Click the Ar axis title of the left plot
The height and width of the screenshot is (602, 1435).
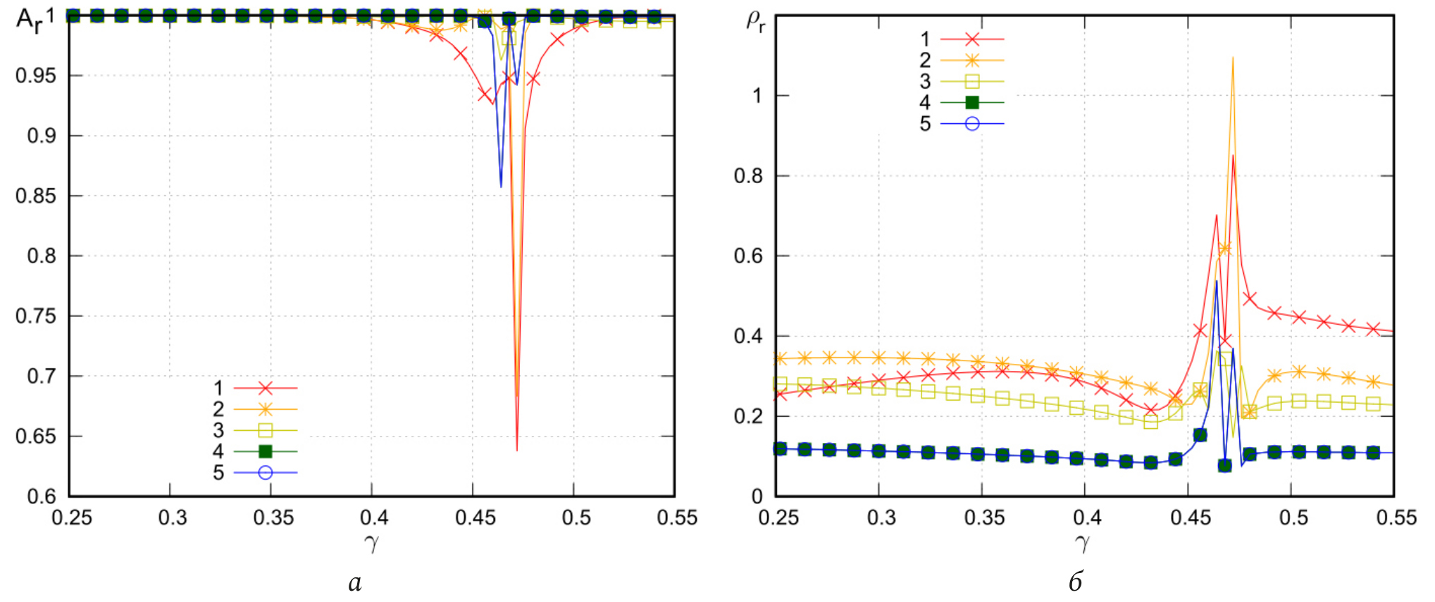pos(30,20)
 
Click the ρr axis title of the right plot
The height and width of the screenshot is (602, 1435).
pos(755,21)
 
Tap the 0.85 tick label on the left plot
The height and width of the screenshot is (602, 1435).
pos(36,196)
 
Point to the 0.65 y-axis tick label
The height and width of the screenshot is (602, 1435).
pos(36,437)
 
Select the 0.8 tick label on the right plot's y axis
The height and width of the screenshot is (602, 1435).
pos(748,176)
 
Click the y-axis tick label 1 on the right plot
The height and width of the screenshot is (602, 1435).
pos(757,96)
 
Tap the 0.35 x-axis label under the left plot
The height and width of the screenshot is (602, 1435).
pos(273,518)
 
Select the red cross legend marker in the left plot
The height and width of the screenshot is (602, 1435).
pos(266,388)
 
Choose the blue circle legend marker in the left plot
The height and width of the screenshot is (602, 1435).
pos(266,472)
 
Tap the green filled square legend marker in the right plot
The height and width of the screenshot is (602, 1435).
pos(972,103)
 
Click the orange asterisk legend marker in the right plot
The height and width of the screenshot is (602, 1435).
pos(972,61)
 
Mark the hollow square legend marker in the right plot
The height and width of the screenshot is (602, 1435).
pos(972,82)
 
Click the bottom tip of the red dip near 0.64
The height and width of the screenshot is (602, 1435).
pos(517,449)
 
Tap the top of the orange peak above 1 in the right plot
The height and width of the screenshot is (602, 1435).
pos(1233,58)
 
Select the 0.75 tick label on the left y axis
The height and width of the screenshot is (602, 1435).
pos(36,316)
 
